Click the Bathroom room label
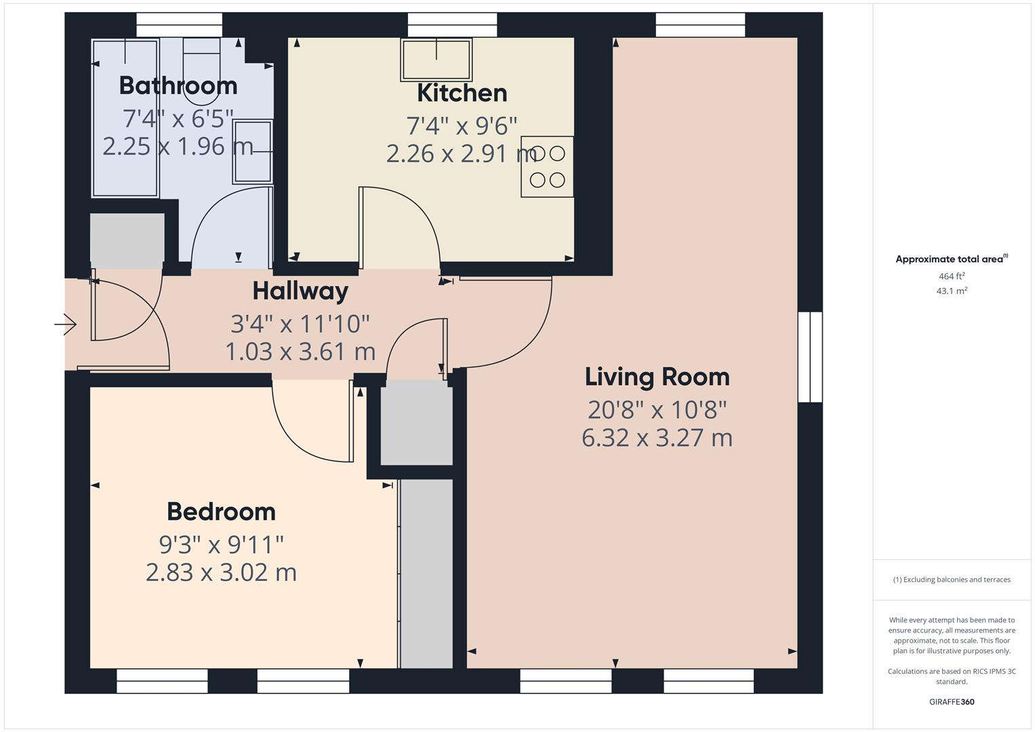[x=178, y=85]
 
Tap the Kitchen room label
[x=462, y=92]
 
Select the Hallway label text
[x=300, y=291]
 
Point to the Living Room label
[x=657, y=377]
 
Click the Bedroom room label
[x=221, y=511]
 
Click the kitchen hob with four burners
[x=547, y=167]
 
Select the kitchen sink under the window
[x=437, y=59]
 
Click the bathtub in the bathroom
[x=125, y=117]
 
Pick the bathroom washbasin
[x=253, y=151]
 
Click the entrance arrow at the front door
[x=65, y=325]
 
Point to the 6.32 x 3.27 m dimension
[x=657, y=438]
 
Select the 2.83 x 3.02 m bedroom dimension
[x=221, y=573]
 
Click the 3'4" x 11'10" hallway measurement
[x=300, y=324]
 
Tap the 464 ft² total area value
[x=951, y=277]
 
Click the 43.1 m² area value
[x=951, y=291]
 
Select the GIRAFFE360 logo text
[x=951, y=701]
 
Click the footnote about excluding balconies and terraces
[x=951, y=579]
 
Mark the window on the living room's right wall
[x=810, y=357]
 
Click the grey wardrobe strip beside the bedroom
[x=426, y=573]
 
